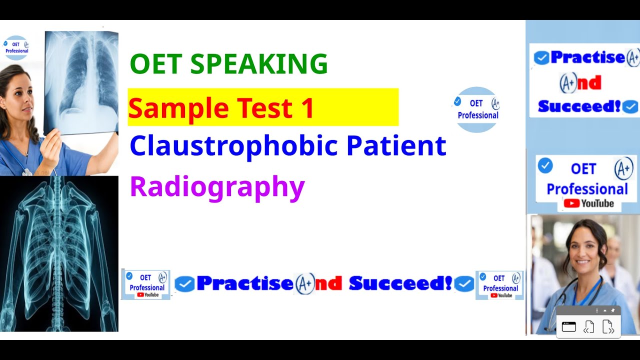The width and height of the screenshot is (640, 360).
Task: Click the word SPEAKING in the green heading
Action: pos(259,64)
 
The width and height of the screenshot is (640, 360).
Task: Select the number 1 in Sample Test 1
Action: pos(307,107)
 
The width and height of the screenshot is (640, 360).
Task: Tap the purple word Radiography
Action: pos(217,187)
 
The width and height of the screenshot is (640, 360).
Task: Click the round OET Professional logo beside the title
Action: pos(477,109)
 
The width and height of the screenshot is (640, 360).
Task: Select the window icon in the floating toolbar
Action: pos(569,327)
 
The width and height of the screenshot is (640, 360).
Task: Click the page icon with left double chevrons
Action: pos(589,327)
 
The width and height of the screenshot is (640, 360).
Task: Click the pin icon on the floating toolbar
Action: pos(613,310)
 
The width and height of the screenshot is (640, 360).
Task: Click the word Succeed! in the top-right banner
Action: pos(579,106)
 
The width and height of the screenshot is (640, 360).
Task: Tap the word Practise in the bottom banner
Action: pos(244,283)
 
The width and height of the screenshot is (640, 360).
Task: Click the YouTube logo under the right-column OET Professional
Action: pos(588,203)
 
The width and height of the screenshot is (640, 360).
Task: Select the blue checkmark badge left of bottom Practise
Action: pos(184,284)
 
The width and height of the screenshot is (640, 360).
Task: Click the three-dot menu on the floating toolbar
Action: pos(597,310)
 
